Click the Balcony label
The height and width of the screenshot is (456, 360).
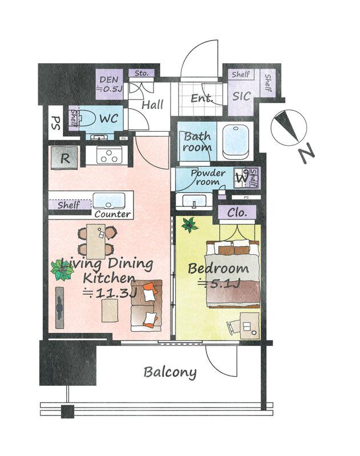click(170, 373)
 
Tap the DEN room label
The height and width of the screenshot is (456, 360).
click(109, 80)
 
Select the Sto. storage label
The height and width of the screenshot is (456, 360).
click(141, 74)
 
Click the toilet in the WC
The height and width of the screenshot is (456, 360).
click(86, 119)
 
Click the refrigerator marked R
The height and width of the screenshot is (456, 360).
click(64, 158)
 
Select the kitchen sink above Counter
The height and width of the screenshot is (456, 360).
click(109, 201)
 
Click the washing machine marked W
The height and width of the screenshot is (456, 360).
click(241, 177)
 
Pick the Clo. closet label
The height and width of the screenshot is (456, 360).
click(237, 213)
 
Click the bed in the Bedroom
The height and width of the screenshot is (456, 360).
click(233, 274)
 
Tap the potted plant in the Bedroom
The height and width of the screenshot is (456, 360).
click(189, 225)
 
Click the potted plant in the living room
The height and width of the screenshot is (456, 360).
click(62, 270)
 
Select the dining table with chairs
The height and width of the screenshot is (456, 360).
click(96, 241)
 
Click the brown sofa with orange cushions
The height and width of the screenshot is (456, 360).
click(147, 306)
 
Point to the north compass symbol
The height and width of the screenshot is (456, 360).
click(289, 128)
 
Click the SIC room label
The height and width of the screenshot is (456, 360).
click(241, 96)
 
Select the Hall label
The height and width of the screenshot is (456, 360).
click(152, 105)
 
